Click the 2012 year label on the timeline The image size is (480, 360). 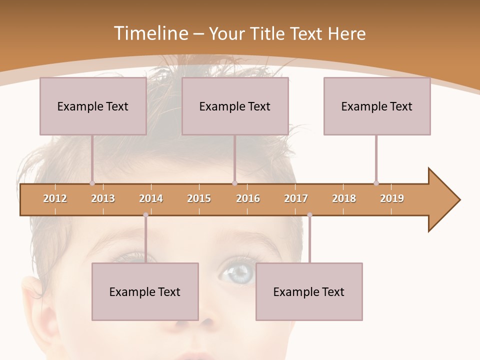[x=55, y=198]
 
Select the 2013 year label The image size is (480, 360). [x=103, y=198]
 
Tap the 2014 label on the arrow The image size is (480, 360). [x=151, y=198]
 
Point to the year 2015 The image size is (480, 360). [x=199, y=198]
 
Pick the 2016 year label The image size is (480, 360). [x=248, y=198]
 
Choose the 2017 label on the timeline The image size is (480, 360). [x=296, y=198]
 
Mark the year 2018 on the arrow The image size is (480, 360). [x=344, y=198]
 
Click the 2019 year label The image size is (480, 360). [x=392, y=198]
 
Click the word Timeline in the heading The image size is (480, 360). [x=149, y=33]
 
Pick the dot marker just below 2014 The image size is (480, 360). [x=145, y=215]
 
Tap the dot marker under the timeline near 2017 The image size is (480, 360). [x=309, y=215]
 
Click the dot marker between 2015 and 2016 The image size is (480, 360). [x=234, y=183]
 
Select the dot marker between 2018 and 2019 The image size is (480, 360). [x=376, y=183]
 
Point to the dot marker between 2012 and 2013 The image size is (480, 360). [x=92, y=183]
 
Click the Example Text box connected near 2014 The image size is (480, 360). [x=145, y=291]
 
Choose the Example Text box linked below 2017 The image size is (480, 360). [x=309, y=291]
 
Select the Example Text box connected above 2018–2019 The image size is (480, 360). [x=377, y=106]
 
